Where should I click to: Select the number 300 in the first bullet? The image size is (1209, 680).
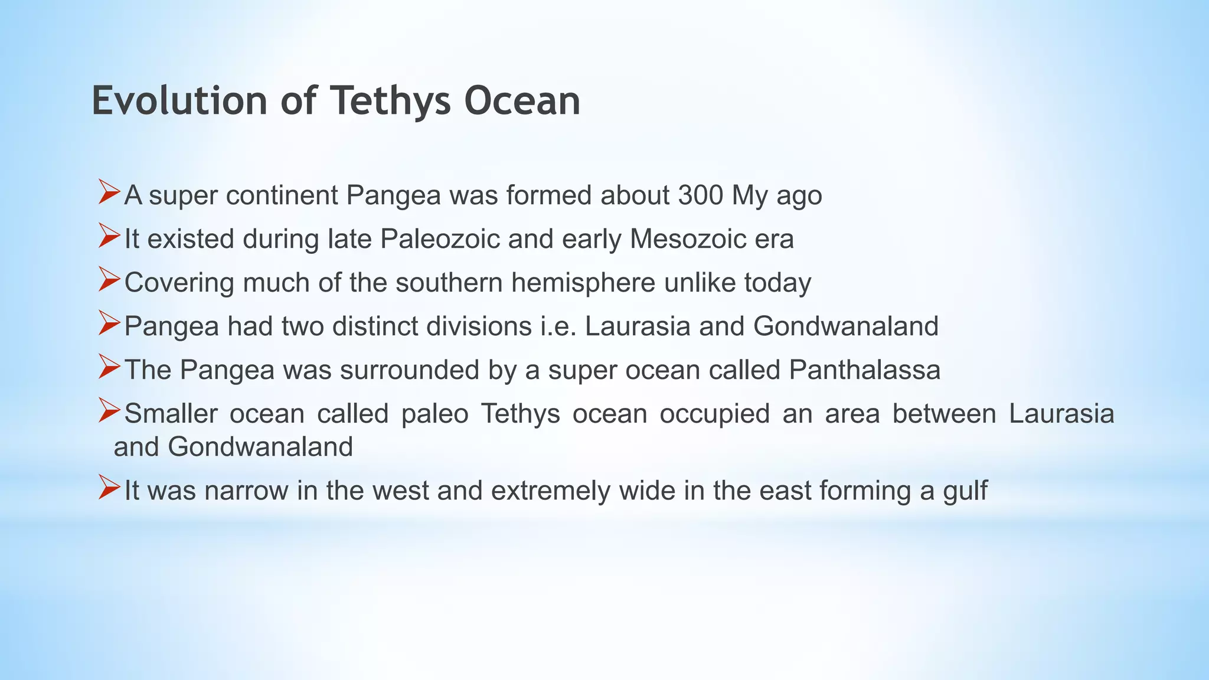pyautogui.click(x=700, y=195)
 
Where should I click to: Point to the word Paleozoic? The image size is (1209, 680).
pyautogui.click(x=439, y=239)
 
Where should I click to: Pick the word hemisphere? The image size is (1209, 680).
pyautogui.click(x=583, y=283)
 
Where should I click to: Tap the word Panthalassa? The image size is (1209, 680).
pyautogui.click(x=864, y=370)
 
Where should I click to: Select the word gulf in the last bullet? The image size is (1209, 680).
pyautogui.click(x=965, y=491)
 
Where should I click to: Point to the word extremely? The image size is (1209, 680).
pyautogui.click(x=550, y=491)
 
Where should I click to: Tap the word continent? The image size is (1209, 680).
pyautogui.click(x=282, y=195)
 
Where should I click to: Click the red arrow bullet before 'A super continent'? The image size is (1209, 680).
pyautogui.click(x=109, y=192)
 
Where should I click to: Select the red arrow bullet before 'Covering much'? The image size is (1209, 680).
pyautogui.click(x=109, y=279)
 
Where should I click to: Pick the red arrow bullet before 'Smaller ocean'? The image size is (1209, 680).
pyautogui.click(x=109, y=410)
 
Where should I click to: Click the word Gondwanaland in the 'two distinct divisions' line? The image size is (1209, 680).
pyautogui.click(x=845, y=326)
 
